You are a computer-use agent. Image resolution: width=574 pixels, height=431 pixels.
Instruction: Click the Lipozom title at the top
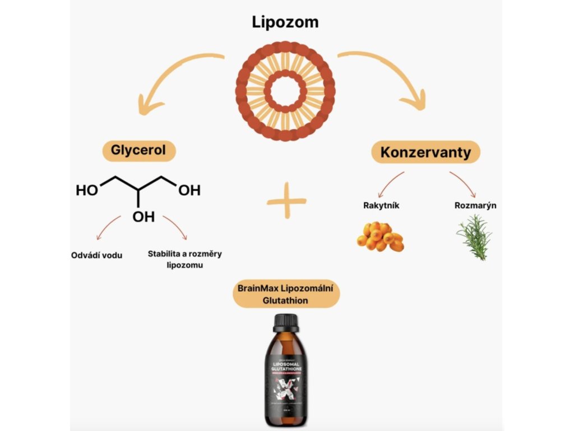[285, 22]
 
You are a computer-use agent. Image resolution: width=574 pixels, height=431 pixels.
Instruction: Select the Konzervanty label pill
[426, 152]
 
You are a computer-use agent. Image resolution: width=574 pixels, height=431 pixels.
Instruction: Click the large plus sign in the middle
[286, 200]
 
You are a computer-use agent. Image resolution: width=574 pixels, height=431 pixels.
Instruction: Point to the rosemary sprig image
[474, 236]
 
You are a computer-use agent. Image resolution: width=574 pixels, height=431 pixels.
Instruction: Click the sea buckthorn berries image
[380, 236]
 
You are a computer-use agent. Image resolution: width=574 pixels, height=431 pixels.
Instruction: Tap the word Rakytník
[381, 205]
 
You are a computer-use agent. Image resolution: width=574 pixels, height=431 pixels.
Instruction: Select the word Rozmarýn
[475, 205]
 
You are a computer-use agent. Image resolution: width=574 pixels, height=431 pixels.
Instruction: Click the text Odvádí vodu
[97, 255]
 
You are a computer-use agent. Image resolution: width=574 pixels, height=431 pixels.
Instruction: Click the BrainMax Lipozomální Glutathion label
[286, 295]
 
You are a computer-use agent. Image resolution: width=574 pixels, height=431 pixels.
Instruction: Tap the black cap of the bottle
[286, 323]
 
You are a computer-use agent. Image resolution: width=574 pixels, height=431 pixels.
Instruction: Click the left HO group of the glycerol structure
[87, 191]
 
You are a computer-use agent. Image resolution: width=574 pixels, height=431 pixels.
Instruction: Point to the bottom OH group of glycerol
[143, 217]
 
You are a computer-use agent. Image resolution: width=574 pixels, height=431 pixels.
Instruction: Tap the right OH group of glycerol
[189, 191]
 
